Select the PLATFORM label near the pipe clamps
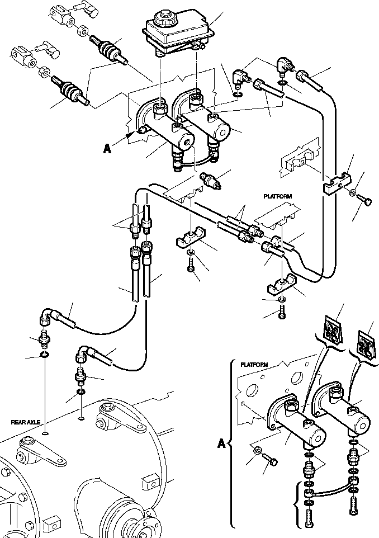point(278,197)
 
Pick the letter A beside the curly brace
point(221,444)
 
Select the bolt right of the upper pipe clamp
point(364,199)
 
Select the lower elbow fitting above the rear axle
point(83,354)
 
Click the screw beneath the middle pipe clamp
point(192,268)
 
